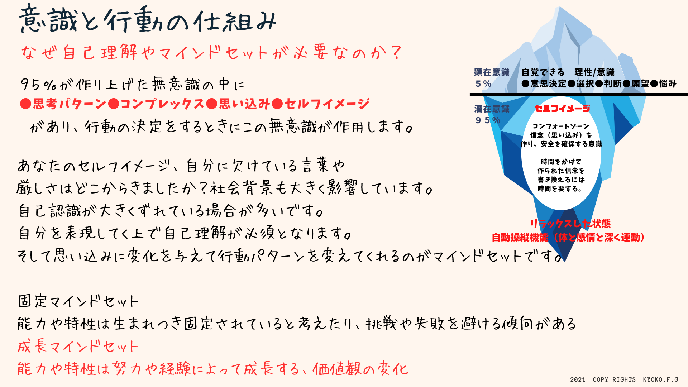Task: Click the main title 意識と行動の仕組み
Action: [148, 19]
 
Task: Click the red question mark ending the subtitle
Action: [396, 53]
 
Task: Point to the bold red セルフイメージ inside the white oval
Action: [562, 108]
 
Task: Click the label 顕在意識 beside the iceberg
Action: [492, 72]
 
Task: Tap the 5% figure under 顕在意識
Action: [483, 84]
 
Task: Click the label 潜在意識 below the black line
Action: [492, 109]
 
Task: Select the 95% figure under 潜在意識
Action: [488, 120]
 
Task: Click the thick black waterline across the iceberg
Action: [579, 95]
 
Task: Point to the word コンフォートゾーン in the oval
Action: [561, 126]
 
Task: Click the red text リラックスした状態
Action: [570, 224]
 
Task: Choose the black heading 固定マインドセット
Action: [78, 301]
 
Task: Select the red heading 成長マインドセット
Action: [78, 346]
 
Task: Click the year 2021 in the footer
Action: [578, 379]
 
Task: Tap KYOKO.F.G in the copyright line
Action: [660, 379]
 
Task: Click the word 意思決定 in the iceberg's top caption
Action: [548, 84]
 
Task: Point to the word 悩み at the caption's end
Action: [668, 84]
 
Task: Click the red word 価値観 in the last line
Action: [337, 368]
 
